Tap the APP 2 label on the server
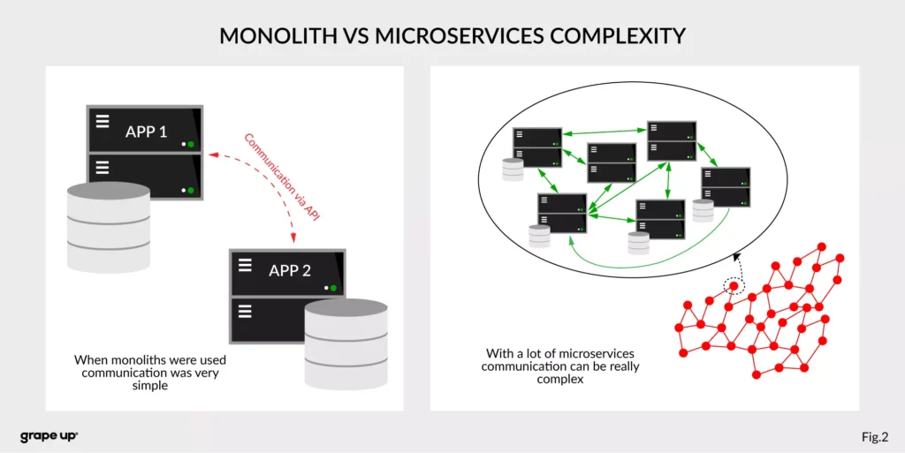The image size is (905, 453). point(290,270)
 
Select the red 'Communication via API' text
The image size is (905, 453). point(281,176)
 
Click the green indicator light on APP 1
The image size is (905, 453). point(190,144)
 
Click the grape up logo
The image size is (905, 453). point(49,436)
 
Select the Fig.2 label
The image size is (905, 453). point(874,436)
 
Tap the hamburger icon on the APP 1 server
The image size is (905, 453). point(103,122)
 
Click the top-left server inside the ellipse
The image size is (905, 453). point(538,147)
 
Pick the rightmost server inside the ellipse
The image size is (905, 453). point(726,187)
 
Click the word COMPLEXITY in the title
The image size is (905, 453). point(611,36)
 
